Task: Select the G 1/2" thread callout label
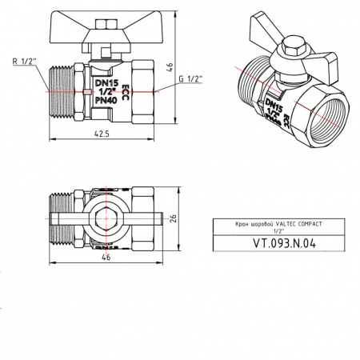tap(189, 79)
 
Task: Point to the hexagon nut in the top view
tap(104, 217)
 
